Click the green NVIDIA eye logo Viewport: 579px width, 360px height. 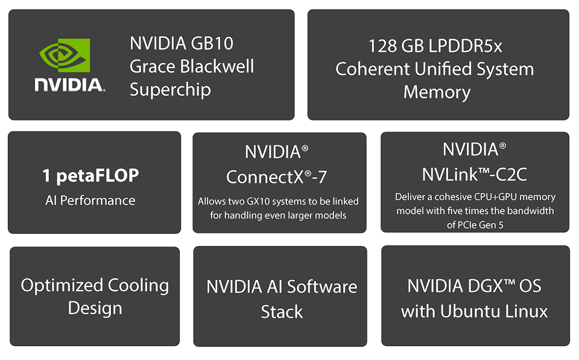tap(65, 55)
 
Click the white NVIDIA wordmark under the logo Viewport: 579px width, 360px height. tap(70, 84)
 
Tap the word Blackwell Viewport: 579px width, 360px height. tap(217, 66)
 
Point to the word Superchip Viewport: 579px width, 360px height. tap(170, 90)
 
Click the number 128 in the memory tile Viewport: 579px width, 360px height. tap(382, 46)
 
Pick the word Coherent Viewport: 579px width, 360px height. tap(373, 69)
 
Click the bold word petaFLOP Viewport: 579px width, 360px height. tap(98, 176)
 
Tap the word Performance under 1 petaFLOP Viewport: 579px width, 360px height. tap(98, 200)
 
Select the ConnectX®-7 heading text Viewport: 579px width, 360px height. tap(277, 177)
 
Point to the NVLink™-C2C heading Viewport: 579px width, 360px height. tap(475, 175)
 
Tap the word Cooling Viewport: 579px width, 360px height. tap(139, 286)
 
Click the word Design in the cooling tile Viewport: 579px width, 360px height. tap(95, 308)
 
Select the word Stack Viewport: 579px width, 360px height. tap(282, 312)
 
